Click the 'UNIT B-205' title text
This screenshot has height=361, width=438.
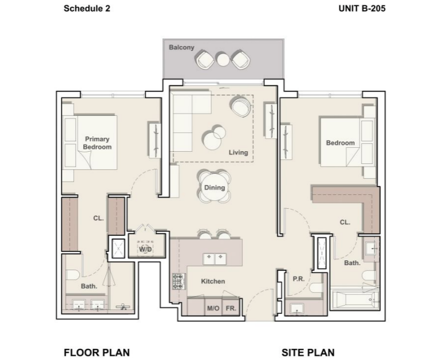point(361,8)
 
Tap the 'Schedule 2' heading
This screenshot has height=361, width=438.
point(87,8)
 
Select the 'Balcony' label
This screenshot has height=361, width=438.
point(181,48)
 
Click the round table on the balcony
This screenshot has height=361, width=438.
point(223,60)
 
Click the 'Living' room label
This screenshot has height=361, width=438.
point(238,152)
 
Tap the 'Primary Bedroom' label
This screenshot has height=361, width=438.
point(97,143)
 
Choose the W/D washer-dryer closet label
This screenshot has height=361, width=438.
point(145,249)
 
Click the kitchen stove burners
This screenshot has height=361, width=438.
point(179,281)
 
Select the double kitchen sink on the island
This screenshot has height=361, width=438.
point(215,259)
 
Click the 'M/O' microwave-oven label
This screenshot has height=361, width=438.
point(213,308)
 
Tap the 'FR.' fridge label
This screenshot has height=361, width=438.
point(231,308)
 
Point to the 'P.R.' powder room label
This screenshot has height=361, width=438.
point(299,279)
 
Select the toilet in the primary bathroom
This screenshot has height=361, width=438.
point(73,275)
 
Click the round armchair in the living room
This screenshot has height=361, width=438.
point(240,106)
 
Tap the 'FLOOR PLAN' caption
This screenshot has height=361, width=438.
point(96,352)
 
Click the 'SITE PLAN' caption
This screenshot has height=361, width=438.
point(308,352)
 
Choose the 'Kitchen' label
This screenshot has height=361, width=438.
point(213,281)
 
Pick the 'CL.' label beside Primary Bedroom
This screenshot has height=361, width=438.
point(98,218)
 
